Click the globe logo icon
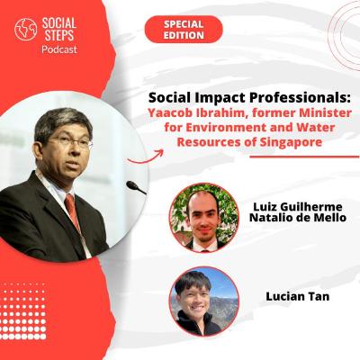[x=25, y=30]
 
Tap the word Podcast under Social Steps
[x=59, y=50]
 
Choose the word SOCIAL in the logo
[x=58, y=22]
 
